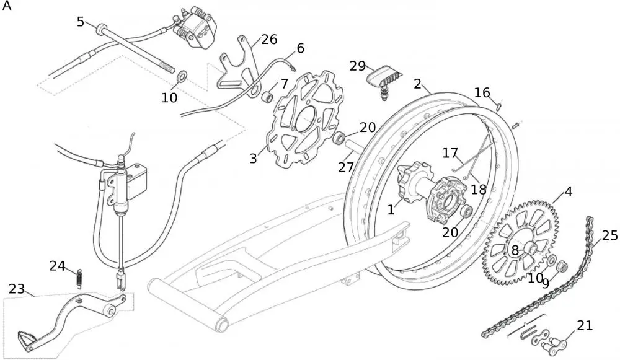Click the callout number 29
358,66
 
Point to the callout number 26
268,40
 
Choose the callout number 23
17,289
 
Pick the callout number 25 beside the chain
609,235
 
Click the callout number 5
81,22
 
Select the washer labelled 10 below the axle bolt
182,76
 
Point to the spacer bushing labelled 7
267,97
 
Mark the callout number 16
482,93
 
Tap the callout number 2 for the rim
418,84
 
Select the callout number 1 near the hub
391,210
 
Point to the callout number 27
345,167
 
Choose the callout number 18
478,189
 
